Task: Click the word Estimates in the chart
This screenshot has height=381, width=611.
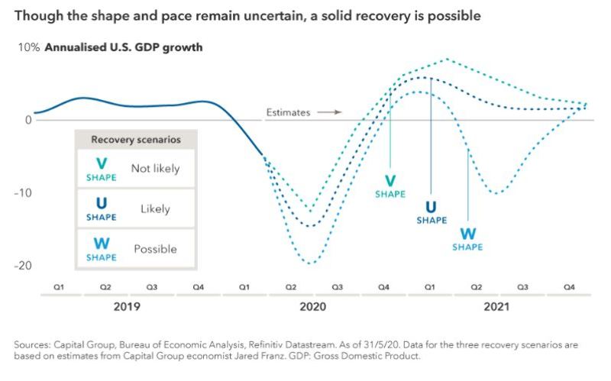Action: (x=288, y=112)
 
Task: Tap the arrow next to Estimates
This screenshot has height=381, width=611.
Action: (x=328, y=112)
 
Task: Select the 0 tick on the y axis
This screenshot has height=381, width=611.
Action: (x=27, y=120)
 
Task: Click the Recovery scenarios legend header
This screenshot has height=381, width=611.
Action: (x=135, y=140)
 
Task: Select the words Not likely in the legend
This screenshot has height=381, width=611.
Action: (x=155, y=169)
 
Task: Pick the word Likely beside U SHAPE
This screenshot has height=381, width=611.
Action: (x=155, y=208)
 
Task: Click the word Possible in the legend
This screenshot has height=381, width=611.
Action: (x=155, y=249)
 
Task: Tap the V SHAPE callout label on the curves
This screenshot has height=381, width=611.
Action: (x=390, y=186)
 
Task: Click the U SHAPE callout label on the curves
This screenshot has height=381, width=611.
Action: (x=431, y=211)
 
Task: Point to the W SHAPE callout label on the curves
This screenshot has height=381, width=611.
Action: (x=467, y=238)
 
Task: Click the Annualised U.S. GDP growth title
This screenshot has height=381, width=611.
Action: (x=123, y=47)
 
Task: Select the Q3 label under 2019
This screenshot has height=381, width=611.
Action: (x=151, y=287)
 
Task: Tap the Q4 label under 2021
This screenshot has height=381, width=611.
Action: (x=569, y=287)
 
